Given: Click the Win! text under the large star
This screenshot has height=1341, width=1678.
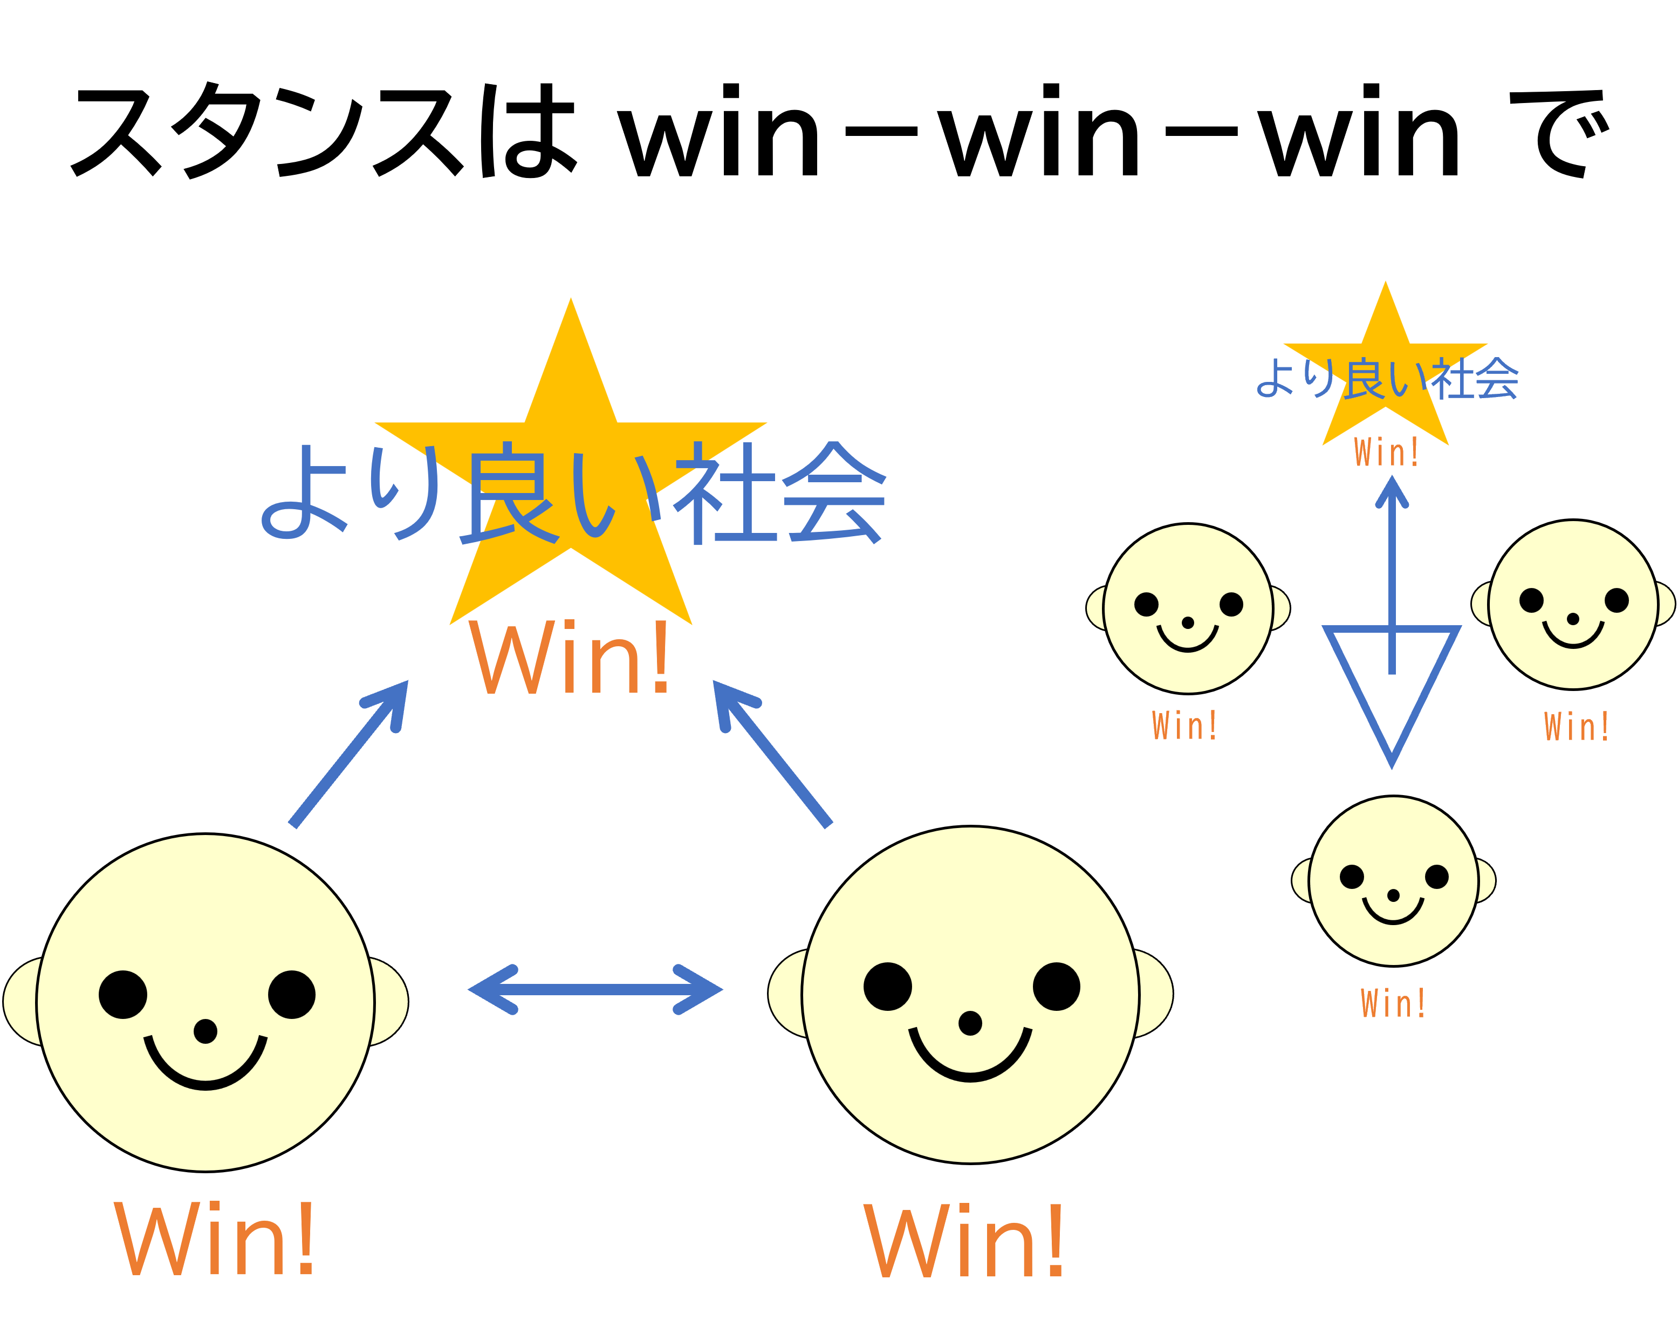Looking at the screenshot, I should point(569,658).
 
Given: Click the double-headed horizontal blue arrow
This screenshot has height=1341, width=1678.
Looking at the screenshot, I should point(595,989).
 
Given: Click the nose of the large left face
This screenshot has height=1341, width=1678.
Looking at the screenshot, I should point(206,1031).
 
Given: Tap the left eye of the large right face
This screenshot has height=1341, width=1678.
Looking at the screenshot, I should point(887,986).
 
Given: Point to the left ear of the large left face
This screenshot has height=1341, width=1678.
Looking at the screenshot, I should point(21,1002).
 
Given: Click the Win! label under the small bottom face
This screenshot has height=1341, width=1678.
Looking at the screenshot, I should point(1393,1003).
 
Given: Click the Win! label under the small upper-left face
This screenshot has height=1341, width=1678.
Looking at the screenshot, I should point(1184,726).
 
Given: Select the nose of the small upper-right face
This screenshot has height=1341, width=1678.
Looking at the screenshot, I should point(1573,619).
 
